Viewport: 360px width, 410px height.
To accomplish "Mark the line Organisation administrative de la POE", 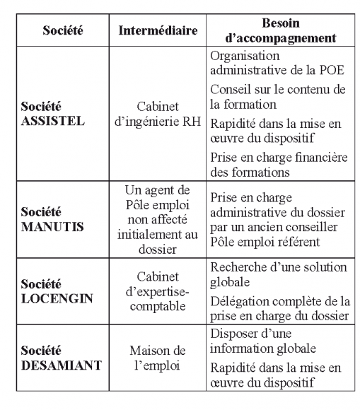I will (x=269, y=62).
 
